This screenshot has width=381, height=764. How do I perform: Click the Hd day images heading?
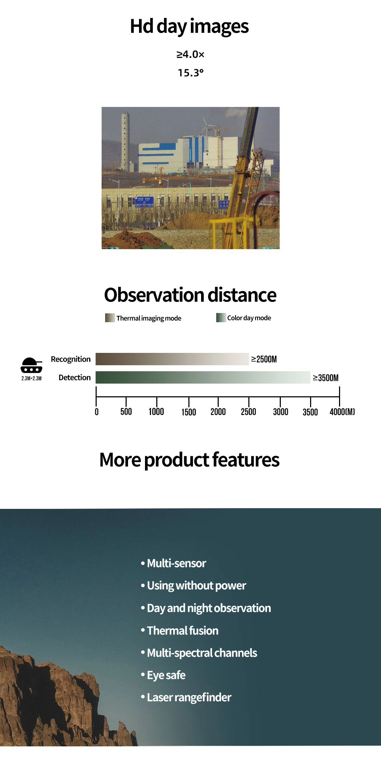point(189,26)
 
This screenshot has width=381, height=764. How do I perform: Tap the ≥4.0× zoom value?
point(190,54)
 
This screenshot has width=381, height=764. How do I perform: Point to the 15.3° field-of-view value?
point(190,73)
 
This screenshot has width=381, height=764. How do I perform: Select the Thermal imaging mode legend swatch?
point(110,318)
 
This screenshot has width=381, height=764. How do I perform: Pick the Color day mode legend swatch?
point(221,317)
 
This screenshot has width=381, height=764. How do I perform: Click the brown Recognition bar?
point(172,359)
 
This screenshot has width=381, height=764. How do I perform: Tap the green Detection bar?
point(203,377)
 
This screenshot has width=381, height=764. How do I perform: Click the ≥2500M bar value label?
point(264,359)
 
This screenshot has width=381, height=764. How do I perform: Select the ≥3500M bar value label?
point(326,378)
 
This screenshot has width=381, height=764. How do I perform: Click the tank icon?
point(31,365)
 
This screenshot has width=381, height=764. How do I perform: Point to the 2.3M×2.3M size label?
point(31,378)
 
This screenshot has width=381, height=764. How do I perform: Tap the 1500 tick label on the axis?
point(189,412)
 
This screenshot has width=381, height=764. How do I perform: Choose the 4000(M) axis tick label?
point(342,412)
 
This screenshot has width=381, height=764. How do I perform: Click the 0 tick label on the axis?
point(97,412)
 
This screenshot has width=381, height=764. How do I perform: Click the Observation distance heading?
point(190,295)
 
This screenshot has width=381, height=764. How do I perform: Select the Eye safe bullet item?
point(163,675)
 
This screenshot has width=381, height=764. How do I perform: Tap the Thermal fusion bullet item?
point(180,630)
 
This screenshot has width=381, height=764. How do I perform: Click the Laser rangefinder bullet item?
point(186,697)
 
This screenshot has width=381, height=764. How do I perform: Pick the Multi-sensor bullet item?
point(174,563)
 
